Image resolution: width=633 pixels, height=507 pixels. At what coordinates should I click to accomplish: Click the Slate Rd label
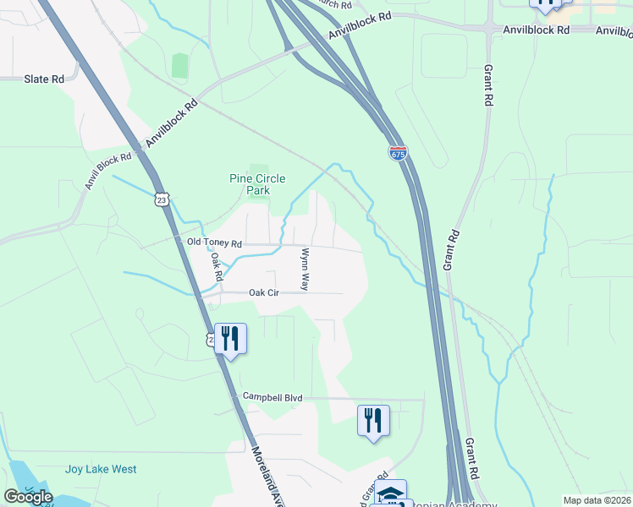tap(44, 79)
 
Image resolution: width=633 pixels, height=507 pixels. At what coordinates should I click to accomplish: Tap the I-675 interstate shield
tap(399, 153)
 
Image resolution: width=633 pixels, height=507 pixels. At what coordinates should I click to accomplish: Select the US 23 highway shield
tap(162, 198)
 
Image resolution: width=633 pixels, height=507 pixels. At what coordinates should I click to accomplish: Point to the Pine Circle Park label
tap(257, 184)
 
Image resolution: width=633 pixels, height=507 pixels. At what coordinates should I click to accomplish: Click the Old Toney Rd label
tap(214, 243)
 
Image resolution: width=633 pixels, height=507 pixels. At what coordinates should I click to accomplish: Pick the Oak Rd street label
tap(217, 267)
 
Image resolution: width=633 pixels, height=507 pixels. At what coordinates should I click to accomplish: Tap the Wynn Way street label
tap(304, 269)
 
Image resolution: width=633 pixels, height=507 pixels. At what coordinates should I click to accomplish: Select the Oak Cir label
tap(263, 292)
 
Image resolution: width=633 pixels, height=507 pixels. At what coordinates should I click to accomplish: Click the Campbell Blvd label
tap(272, 396)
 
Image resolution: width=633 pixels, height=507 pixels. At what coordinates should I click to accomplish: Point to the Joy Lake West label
tap(101, 469)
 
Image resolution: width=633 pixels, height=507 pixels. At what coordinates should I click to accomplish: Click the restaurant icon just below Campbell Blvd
tap(373, 420)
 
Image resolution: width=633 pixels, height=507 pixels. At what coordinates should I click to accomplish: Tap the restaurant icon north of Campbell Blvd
tap(230, 338)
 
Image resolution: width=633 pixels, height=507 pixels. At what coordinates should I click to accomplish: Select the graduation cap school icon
tap(390, 492)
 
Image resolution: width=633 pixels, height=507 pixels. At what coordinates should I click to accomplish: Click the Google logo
tap(28, 497)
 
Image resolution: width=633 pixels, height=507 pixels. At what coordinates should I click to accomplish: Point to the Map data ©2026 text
tap(597, 500)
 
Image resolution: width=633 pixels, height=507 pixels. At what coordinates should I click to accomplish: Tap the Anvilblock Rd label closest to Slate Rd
tap(171, 123)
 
